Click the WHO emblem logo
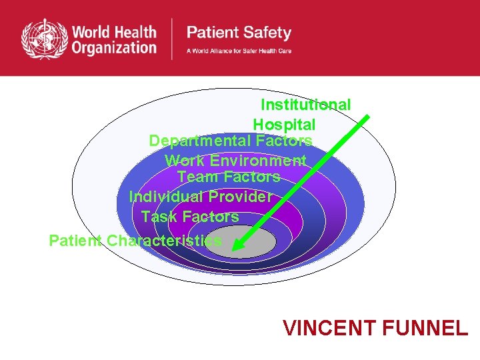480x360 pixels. tap(45, 39)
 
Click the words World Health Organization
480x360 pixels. tap(114, 39)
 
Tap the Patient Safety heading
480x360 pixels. tap(238, 32)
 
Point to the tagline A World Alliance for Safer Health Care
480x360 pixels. tap(239, 51)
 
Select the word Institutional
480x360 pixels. tap(305, 105)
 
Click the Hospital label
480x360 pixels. tap(284, 125)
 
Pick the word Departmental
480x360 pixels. tap(200, 141)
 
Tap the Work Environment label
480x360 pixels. tap(235, 161)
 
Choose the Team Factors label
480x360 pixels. tap(229, 177)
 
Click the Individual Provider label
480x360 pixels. tap(200, 197)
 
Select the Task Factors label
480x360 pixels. tap(190, 217)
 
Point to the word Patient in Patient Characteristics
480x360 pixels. tap(75, 240)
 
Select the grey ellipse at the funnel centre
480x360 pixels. tap(257, 243)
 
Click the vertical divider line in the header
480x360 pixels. tap(173, 39)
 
